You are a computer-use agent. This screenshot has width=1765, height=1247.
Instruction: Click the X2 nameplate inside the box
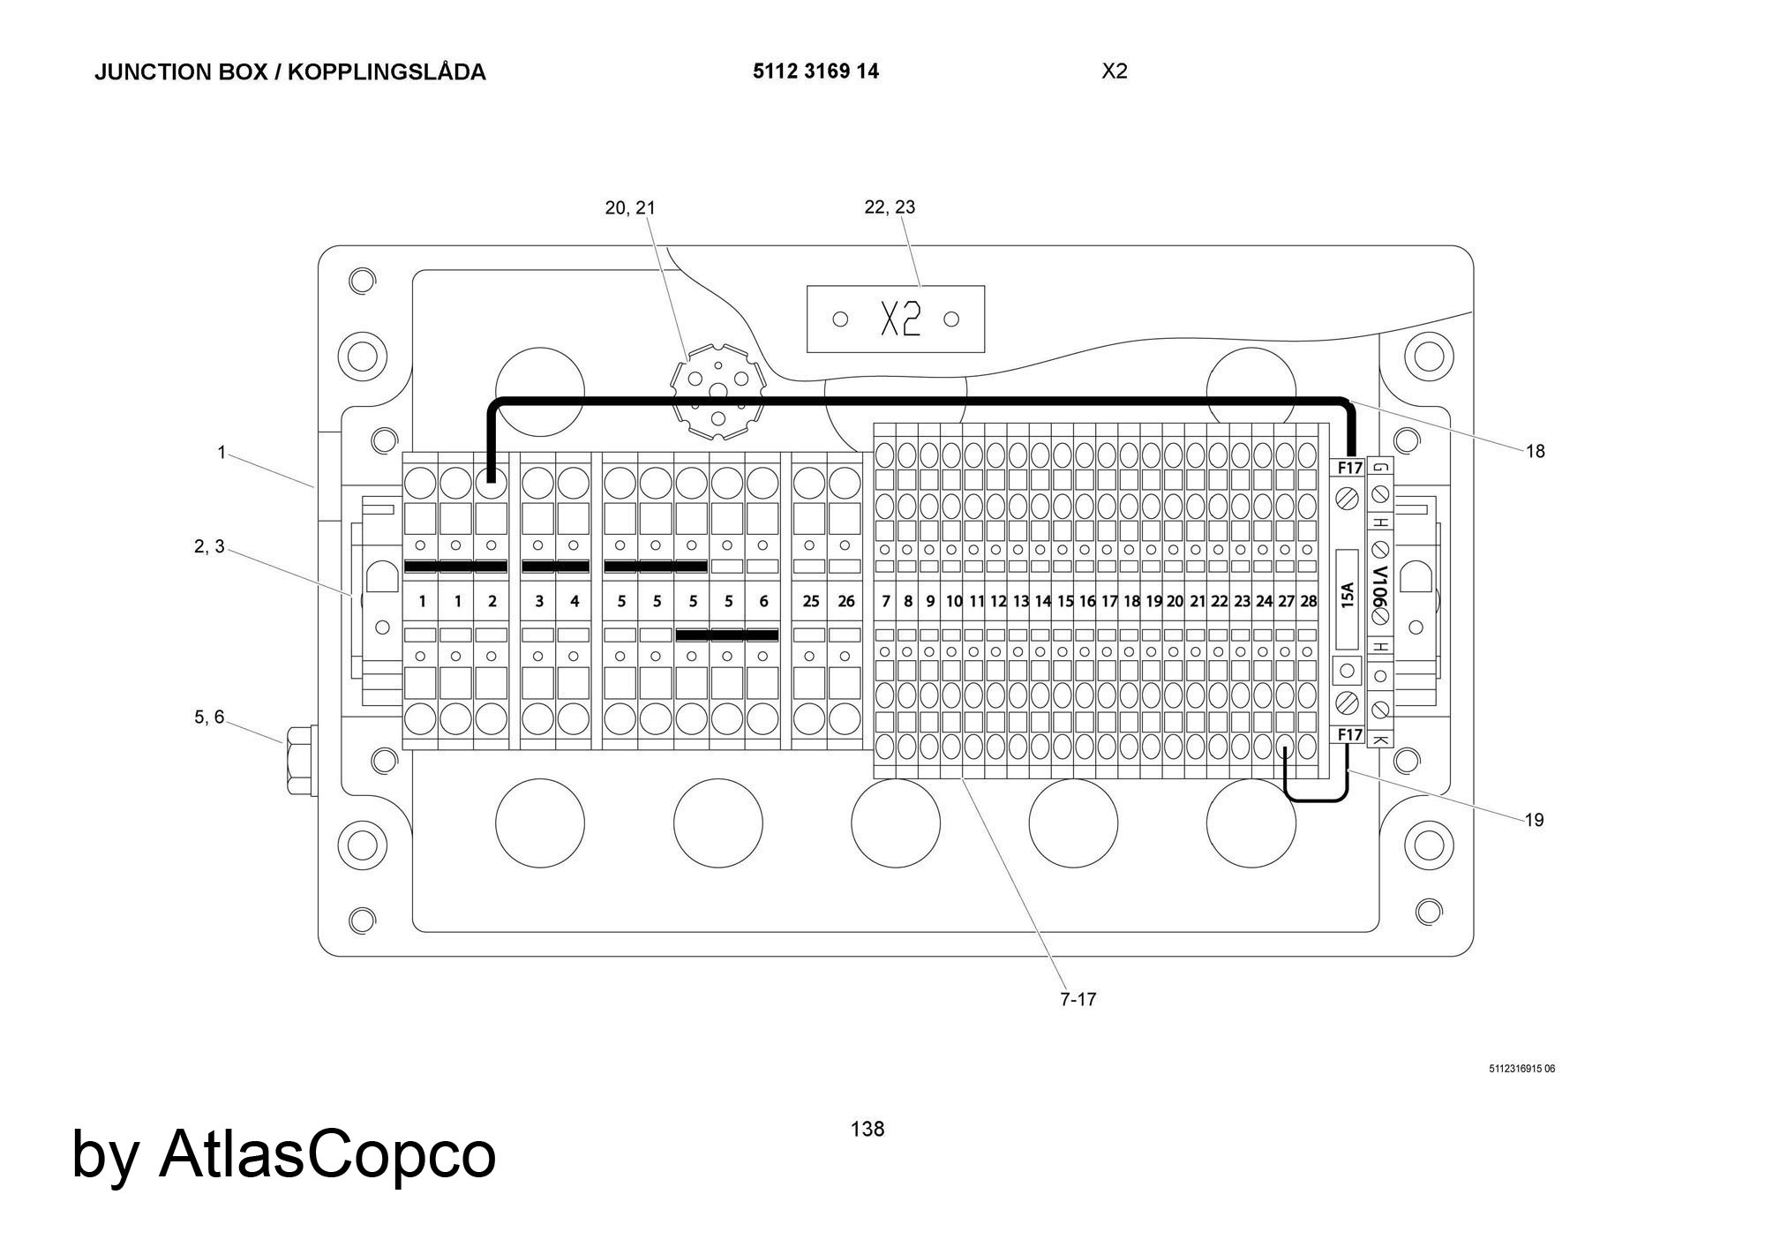pos(895,319)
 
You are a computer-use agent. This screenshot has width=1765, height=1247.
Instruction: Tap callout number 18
pos(1535,451)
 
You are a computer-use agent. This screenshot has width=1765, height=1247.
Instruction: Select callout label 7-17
pos(1078,999)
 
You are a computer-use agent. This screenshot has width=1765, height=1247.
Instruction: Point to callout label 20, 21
pos(630,207)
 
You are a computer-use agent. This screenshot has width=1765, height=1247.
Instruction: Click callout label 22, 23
pos(890,207)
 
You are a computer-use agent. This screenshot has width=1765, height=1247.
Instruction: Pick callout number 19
pos(1534,820)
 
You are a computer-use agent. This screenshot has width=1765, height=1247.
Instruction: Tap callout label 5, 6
pos(209,717)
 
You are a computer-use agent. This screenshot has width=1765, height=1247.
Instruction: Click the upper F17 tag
pos(1349,468)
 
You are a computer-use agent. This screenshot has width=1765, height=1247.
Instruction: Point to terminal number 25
pos(810,601)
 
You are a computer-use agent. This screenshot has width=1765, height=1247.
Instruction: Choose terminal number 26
pos(845,601)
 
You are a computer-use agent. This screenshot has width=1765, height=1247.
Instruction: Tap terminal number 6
pos(763,601)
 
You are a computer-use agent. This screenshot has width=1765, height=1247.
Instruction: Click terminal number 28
pos(1308,601)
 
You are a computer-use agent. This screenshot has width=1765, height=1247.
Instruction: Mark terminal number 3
pos(539,601)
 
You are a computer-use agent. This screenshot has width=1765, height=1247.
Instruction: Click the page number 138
pos(867,1129)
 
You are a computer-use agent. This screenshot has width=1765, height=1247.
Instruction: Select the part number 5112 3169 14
pos(815,71)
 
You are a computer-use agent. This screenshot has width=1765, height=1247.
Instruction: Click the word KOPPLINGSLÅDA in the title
pos(387,71)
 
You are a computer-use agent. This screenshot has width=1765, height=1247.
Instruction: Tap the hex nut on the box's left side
pos(298,760)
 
